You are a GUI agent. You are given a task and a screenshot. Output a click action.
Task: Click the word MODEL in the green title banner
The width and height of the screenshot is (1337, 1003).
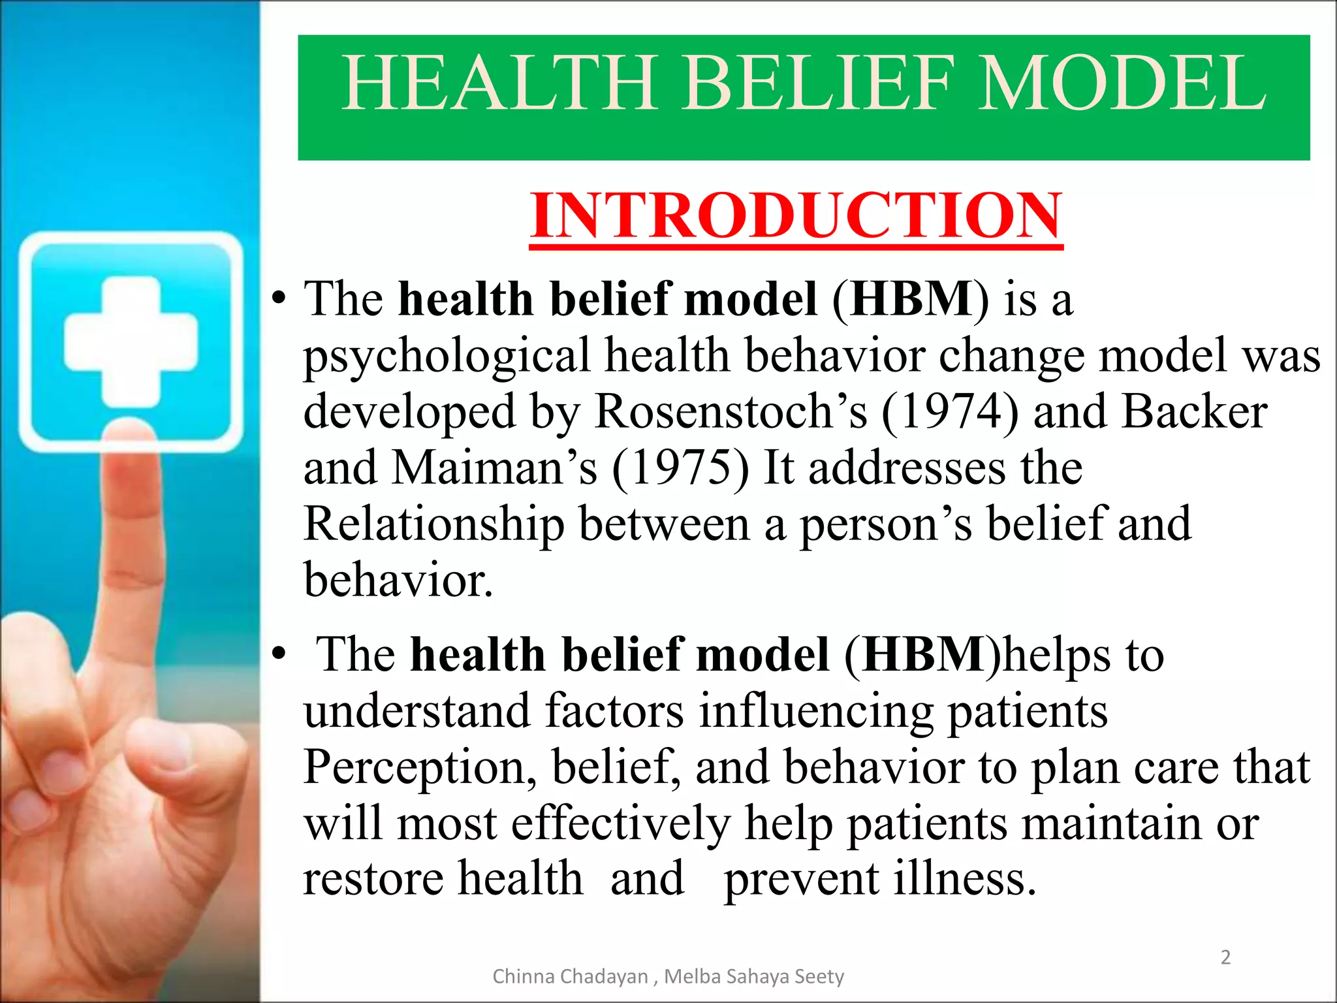click(1122, 83)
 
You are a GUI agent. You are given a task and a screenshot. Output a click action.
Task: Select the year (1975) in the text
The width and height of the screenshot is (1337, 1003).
click(680, 468)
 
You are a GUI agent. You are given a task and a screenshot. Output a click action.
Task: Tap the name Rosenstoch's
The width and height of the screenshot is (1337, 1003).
click(731, 412)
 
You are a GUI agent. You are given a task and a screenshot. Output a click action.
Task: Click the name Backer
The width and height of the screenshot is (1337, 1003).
click(1194, 412)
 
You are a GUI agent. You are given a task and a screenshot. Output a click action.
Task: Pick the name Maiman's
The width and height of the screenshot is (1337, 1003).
click(494, 468)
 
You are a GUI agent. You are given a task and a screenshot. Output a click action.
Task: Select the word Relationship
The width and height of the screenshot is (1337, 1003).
click(434, 524)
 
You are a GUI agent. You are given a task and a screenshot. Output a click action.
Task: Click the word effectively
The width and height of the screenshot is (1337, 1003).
click(621, 823)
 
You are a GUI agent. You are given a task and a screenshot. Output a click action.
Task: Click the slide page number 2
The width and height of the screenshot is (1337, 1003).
click(1225, 957)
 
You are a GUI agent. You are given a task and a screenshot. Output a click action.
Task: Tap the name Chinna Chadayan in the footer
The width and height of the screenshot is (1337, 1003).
click(570, 976)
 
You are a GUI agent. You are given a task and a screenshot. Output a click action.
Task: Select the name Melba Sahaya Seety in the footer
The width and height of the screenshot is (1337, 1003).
click(754, 976)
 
